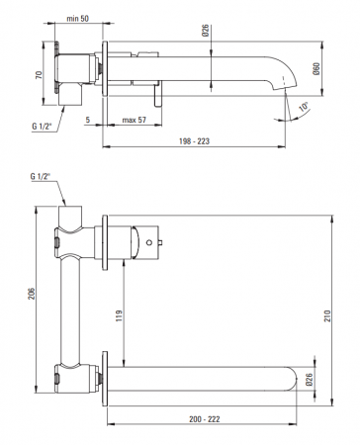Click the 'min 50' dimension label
(x=78, y=19)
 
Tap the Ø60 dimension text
(x=315, y=68)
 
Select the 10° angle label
(x=304, y=107)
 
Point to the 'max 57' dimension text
(x=135, y=120)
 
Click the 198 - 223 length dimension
(x=194, y=141)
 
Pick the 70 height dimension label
(x=39, y=75)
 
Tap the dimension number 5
(x=88, y=120)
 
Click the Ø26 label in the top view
(x=206, y=31)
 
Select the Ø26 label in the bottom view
(x=309, y=380)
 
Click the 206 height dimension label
(x=31, y=294)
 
